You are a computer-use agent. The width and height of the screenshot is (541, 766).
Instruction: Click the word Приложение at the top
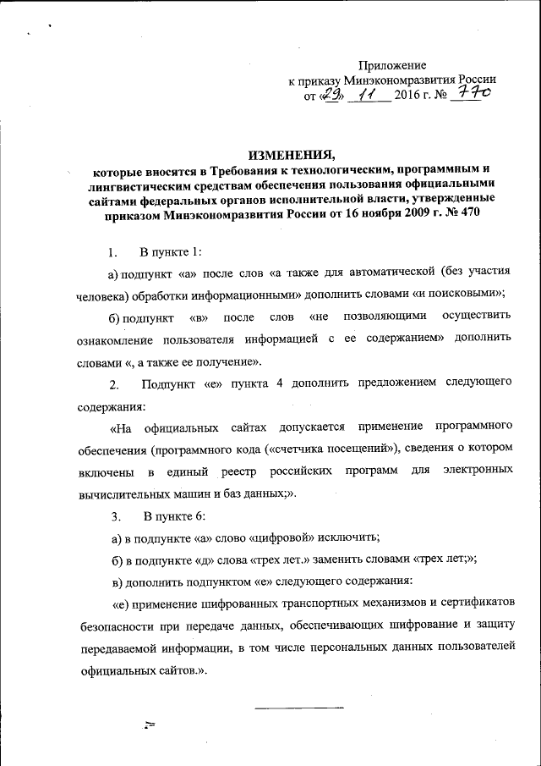point(392,66)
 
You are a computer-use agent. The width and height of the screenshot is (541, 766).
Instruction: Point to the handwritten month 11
point(368,96)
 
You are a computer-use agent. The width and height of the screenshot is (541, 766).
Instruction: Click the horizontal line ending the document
point(299,705)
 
